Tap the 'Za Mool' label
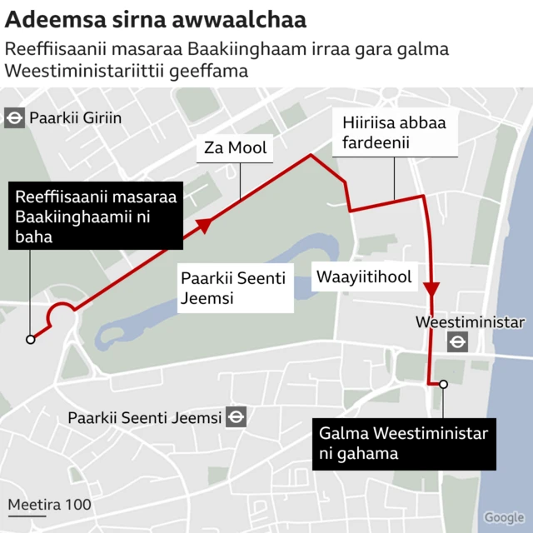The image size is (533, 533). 236,149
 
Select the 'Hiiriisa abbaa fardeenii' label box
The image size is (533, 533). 394,133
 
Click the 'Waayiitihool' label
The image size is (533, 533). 362,277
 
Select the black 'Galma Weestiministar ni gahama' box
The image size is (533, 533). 403,443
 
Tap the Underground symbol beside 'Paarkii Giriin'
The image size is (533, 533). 14,117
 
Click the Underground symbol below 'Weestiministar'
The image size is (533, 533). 456,341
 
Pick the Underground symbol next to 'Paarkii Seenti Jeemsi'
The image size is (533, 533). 237,417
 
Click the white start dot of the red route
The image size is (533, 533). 30,339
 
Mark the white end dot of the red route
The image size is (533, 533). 444,384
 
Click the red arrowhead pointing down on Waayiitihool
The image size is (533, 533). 431,289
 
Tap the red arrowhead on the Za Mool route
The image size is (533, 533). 202,224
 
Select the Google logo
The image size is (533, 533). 504,517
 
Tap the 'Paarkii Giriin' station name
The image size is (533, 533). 75,118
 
